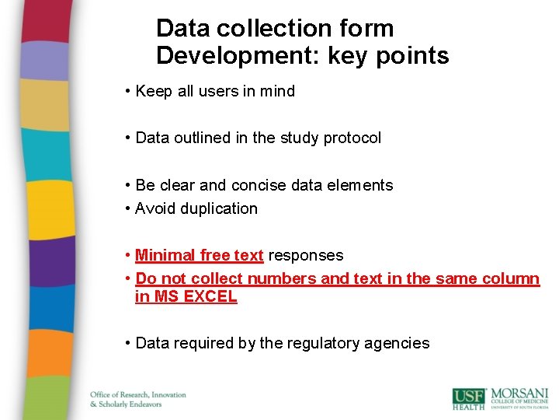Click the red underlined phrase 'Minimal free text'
pos(200,255)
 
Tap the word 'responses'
pos(305,255)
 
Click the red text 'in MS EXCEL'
pos(186,296)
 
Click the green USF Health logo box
pos(468,397)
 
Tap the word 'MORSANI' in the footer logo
pos(519,392)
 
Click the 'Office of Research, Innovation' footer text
pos(138,394)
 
